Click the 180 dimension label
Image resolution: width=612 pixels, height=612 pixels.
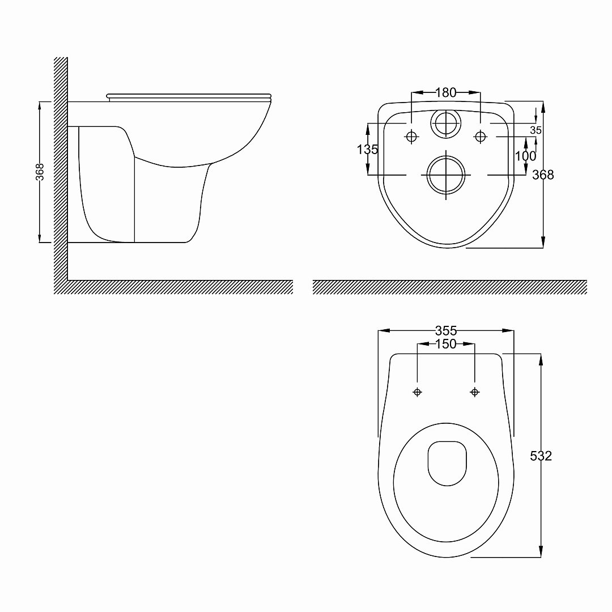pos(446,92)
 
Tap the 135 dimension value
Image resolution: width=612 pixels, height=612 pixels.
pos(367,150)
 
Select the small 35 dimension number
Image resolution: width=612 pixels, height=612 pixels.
pos(536,130)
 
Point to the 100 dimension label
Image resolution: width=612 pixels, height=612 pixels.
pos(526,156)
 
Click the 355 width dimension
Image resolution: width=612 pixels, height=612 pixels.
pos(446,331)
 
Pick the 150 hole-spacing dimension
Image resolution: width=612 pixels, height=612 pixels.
pos(446,344)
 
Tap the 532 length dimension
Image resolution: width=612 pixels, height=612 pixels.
pos(541,456)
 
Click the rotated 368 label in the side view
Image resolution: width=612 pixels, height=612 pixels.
pos(40,172)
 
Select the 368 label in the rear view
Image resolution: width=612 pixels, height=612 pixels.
pos(543,175)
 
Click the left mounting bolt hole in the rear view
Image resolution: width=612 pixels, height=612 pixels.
pos(412,137)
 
